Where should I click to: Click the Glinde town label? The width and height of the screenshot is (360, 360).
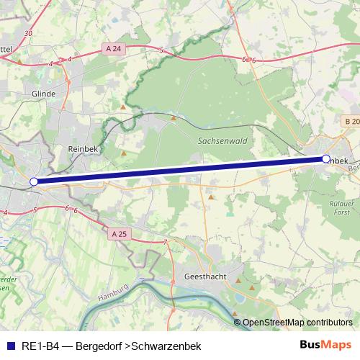44,94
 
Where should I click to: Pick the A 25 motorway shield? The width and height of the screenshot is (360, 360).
120,234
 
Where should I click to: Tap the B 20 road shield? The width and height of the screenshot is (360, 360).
351,122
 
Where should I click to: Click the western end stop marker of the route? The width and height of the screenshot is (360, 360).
34,182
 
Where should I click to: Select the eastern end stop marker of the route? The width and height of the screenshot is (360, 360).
326,158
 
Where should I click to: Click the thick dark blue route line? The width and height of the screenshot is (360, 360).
180,170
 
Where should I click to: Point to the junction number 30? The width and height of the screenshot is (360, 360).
27,33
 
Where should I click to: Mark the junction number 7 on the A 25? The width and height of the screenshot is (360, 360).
165,242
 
